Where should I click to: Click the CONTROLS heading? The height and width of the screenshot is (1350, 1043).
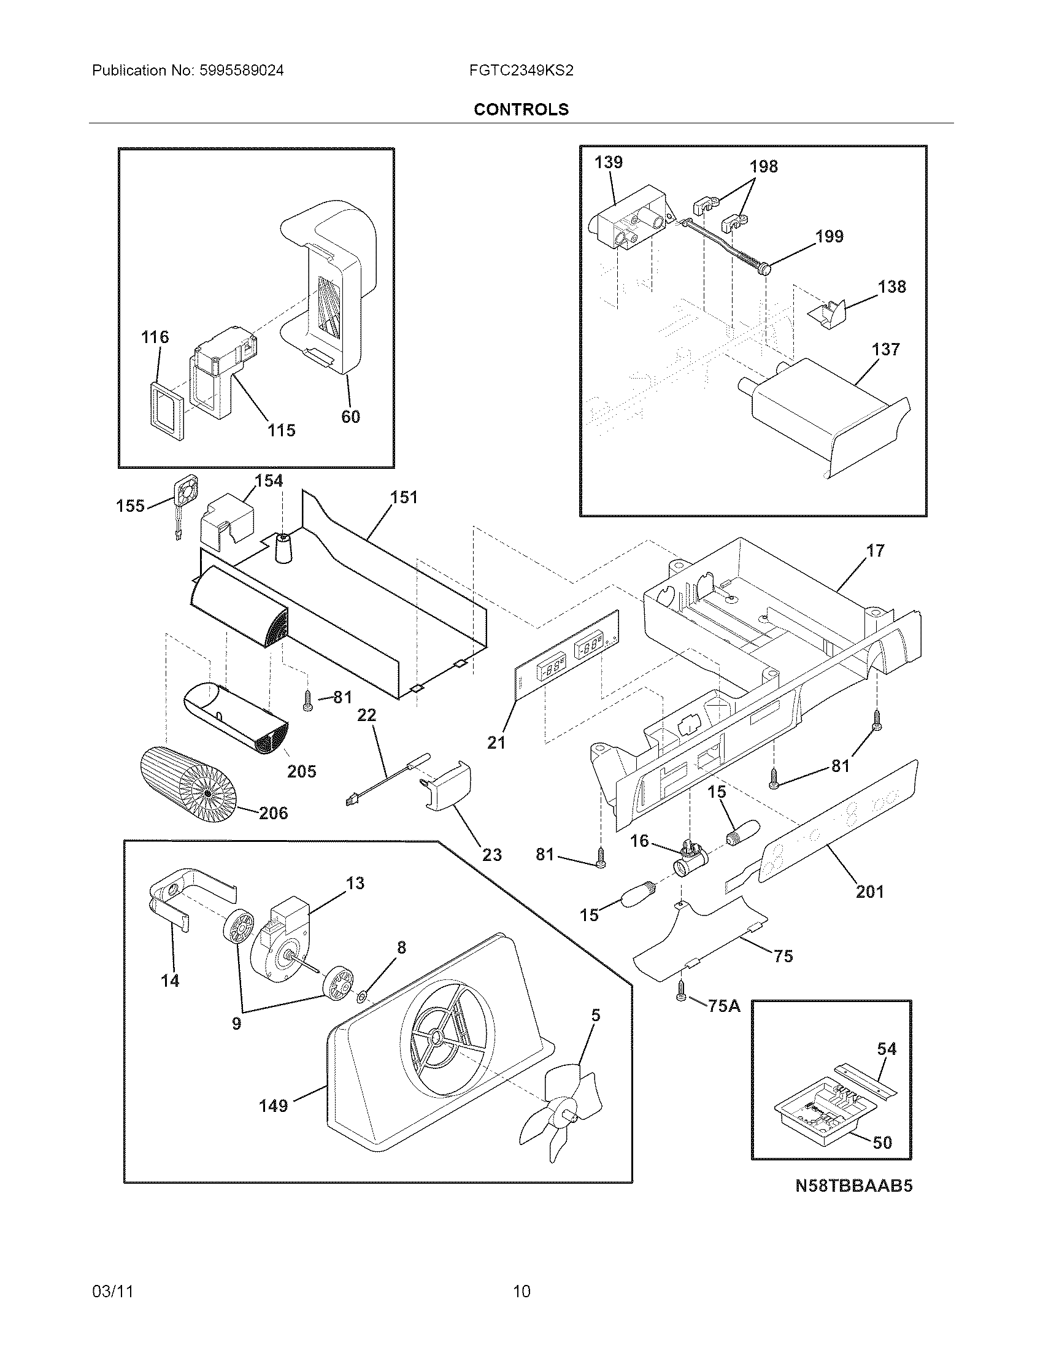point(521,109)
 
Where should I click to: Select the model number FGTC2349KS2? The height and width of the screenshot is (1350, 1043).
point(521,71)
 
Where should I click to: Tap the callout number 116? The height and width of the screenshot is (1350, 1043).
point(155,337)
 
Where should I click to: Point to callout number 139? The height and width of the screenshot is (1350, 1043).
point(609,162)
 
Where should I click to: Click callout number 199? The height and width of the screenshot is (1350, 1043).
point(829,236)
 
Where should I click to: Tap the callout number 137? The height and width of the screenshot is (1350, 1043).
point(885,349)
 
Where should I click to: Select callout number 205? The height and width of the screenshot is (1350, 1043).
point(301,771)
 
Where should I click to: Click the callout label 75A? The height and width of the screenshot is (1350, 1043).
point(723,1006)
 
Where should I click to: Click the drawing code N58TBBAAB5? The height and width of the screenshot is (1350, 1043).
point(853,1203)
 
